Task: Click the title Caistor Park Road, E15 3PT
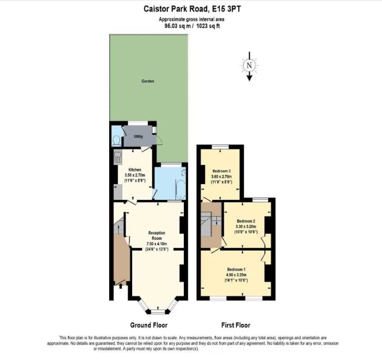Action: coord(191,8)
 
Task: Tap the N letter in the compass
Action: coord(249,65)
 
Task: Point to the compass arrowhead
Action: coord(249,78)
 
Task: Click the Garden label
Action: coord(148,81)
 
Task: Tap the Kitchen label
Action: coord(135,170)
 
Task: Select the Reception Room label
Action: coord(157,235)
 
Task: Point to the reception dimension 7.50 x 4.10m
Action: coord(157,244)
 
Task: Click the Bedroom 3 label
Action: coord(221,171)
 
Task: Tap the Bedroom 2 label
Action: coord(246,221)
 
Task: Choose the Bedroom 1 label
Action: coord(236,269)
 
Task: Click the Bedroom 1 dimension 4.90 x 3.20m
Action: coord(236,274)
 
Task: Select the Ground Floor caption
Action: coord(149,325)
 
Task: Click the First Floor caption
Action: coord(235,325)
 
